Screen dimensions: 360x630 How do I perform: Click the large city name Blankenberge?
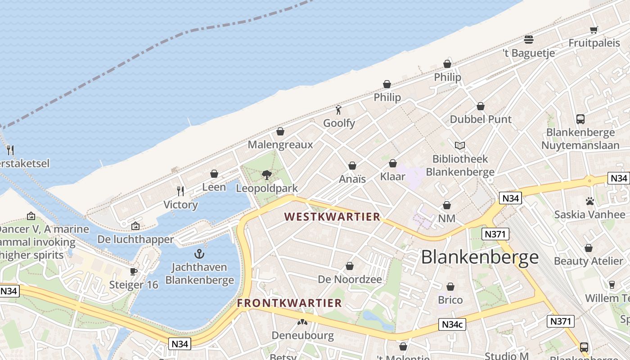click(x=480, y=257)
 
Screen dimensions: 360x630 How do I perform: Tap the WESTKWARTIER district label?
click(x=333, y=216)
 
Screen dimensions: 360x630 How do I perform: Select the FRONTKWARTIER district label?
click(x=289, y=303)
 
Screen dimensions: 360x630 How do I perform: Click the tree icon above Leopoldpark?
click(x=267, y=175)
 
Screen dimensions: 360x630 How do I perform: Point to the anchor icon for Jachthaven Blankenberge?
click(x=199, y=253)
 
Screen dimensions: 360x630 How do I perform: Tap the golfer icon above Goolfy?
click(x=339, y=110)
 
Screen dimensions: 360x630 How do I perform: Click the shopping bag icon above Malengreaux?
click(x=280, y=131)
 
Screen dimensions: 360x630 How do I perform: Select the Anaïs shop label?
click(x=352, y=179)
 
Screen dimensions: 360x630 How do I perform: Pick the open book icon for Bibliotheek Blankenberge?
click(x=460, y=145)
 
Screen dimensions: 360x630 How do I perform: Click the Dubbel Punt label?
click(x=481, y=119)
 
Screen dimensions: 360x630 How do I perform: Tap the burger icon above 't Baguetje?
click(x=529, y=40)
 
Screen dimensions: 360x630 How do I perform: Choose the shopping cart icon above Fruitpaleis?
click(x=594, y=30)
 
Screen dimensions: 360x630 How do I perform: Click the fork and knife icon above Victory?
click(x=180, y=191)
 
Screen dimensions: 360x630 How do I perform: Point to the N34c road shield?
click(x=452, y=324)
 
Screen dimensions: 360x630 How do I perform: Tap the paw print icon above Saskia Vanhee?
click(x=589, y=201)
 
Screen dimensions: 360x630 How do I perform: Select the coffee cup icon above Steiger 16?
click(x=134, y=271)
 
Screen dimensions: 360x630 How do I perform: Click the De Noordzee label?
click(x=350, y=279)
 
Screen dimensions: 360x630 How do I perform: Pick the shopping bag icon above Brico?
click(x=450, y=287)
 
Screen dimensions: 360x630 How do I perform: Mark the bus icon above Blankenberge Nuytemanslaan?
click(x=580, y=119)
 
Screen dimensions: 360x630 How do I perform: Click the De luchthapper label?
click(x=135, y=239)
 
